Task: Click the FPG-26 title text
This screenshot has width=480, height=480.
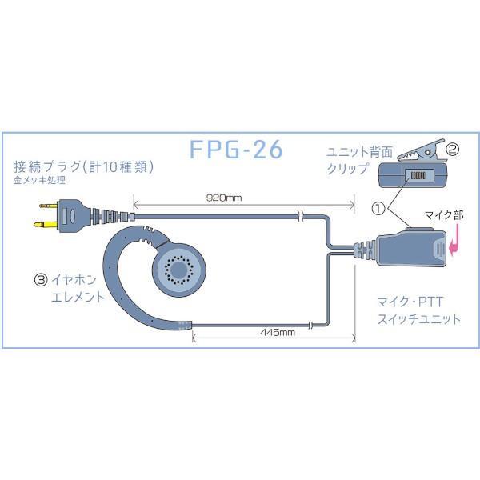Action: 237,150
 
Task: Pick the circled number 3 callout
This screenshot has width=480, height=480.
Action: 39,282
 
